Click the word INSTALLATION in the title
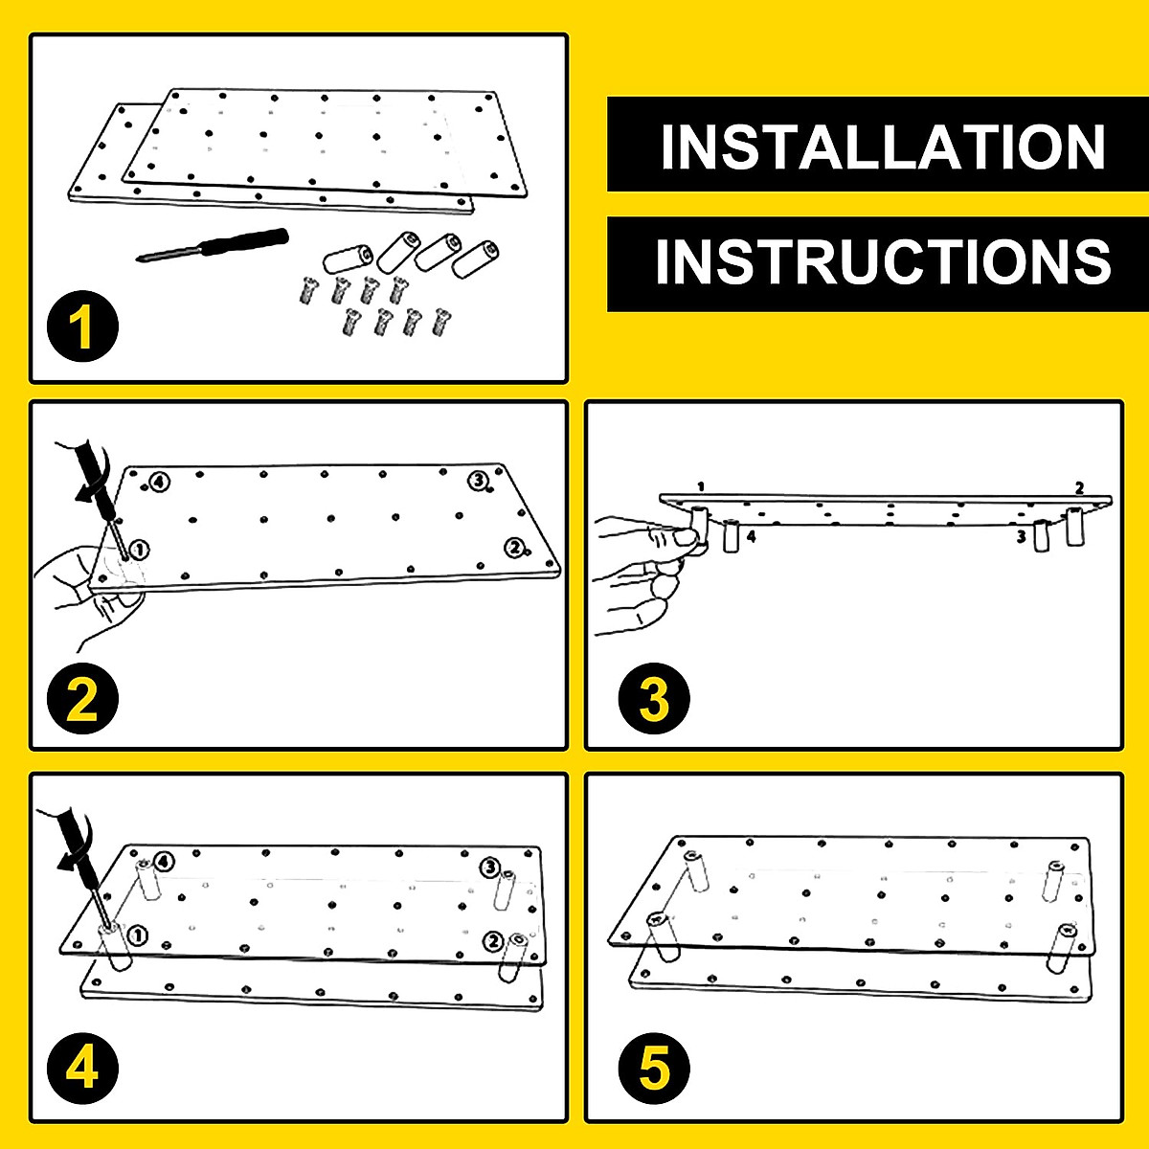pyautogui.click(x=882, y=146)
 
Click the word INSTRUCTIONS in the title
pyautogui.click(x=882, y=261)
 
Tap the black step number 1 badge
pyautogui.click(x=82, y=327)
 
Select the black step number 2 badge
pyautogui.click(x=82, y=700)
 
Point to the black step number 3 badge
pyautogui.click(x=654, y=700)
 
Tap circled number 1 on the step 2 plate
pyautogui.click(x=140, y=550)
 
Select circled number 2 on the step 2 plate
pyautogui.click(x=515, y=548)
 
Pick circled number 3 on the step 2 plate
pyautogui.click(x=477, y=480)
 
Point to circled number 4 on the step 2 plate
pyautogui.click(x=159, y=482)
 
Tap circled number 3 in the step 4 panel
pyautogui.click(x=489, y=868)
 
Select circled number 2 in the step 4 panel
pyautogui.click(x=493, y=941)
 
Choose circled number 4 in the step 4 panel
pyautogui.click(x=165, y=862)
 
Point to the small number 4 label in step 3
pyautogui.click(x=751, y=537)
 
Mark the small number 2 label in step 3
pyautogui.click(x=1079, y=487)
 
